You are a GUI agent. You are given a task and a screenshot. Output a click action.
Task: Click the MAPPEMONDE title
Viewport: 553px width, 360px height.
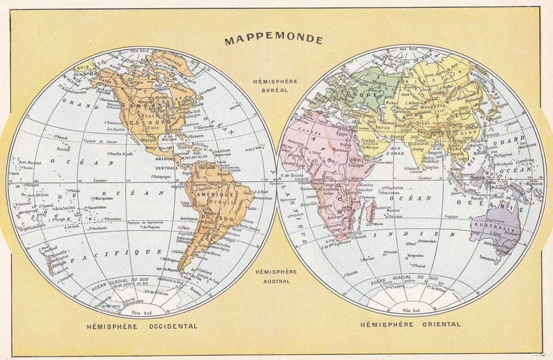pyautogui.click(x=274, y=40)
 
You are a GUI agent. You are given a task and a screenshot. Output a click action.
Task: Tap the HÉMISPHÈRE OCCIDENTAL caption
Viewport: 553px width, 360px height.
pyautogui.click(x=141, y=326)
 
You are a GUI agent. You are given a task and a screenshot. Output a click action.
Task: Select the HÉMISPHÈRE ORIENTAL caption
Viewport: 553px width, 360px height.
pyautogui.click(x=410, y=324)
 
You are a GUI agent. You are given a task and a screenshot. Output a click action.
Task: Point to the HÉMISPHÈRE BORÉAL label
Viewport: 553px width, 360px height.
pyautogui.click(x=276, y=86)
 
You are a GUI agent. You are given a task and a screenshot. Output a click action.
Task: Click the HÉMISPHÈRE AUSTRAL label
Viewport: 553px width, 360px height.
pyautogui.click(x=276, y=276)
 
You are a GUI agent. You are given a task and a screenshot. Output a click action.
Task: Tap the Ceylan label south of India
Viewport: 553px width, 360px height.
pyautogui.click(x=432, y=167)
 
